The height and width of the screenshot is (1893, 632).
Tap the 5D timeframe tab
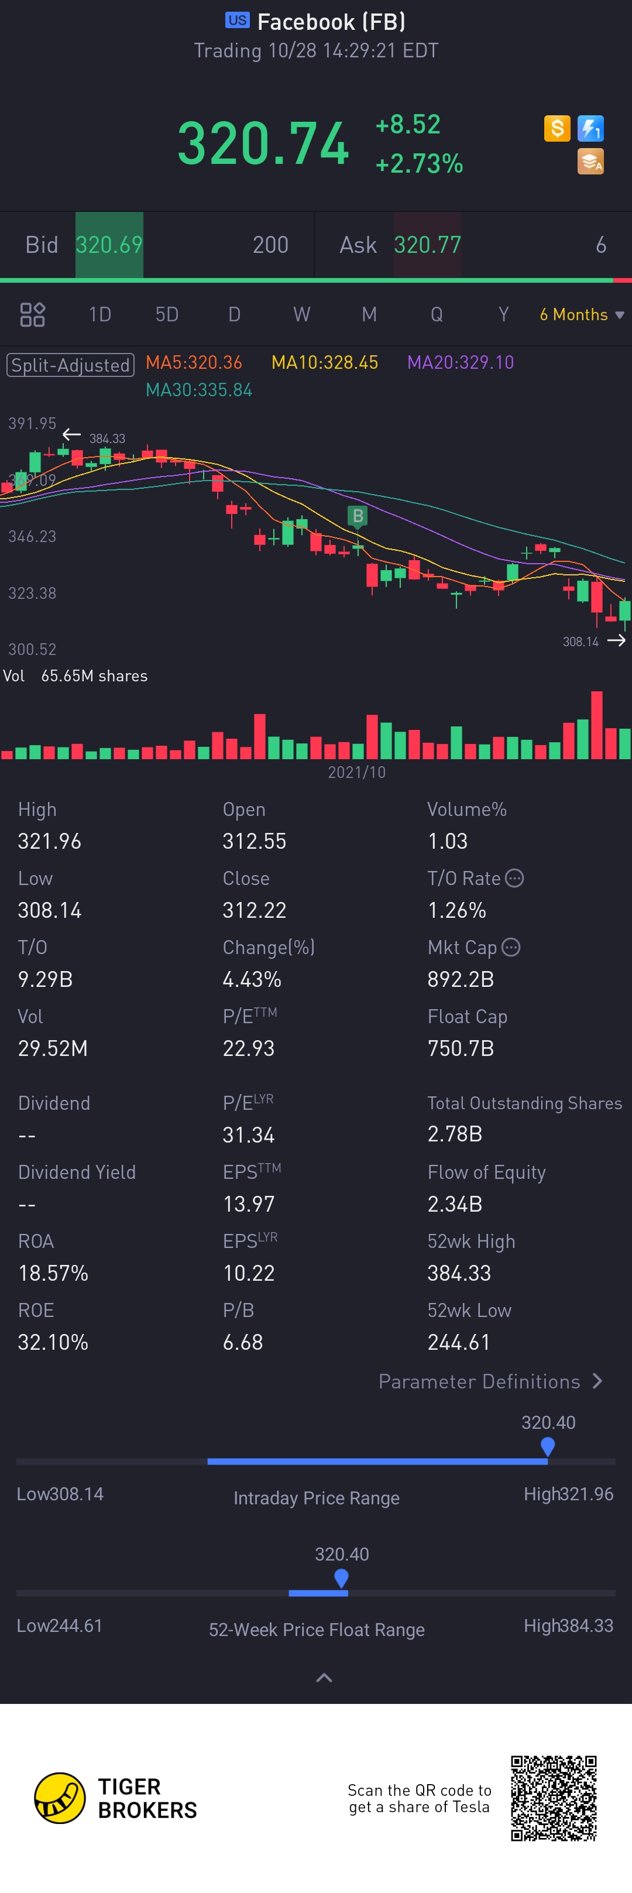(167, 314)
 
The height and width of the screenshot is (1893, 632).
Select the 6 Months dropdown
(581, 314)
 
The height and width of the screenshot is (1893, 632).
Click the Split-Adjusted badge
(71, 365)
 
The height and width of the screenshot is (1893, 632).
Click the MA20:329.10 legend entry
(460, 362)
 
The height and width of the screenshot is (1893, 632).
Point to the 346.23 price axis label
(32, 536)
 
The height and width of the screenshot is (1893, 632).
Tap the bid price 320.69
(109, 245)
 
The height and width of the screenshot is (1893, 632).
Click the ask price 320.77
(427, 245)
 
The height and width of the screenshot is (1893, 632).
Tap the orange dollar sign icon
(557, 129)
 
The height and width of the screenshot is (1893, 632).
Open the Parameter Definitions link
(490, 1381)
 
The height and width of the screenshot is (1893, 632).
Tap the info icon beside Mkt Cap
(511, 947)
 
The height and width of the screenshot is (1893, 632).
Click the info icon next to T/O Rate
(514, 878)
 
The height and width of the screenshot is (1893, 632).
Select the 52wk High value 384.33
(459, 1273)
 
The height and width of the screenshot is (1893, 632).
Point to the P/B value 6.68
(242, 1342)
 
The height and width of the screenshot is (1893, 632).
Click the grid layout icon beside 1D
(32, 314)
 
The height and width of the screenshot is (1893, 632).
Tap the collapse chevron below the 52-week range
(324, 1678)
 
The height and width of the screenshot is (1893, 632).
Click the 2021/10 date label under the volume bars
(356, 772)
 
